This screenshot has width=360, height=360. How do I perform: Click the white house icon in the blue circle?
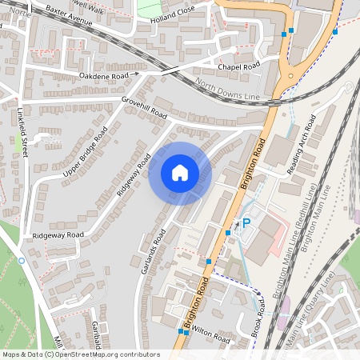(x=180, y=173)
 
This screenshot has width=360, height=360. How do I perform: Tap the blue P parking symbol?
(x=246, y=223)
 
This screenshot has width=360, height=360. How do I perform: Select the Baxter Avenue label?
(x=70, y=14)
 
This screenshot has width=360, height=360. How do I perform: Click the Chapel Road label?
(x=240, y=66)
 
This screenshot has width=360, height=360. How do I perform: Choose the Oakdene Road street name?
(x=105, y=75)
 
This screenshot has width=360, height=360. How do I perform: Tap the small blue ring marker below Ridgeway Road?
(x=22, y=261)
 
